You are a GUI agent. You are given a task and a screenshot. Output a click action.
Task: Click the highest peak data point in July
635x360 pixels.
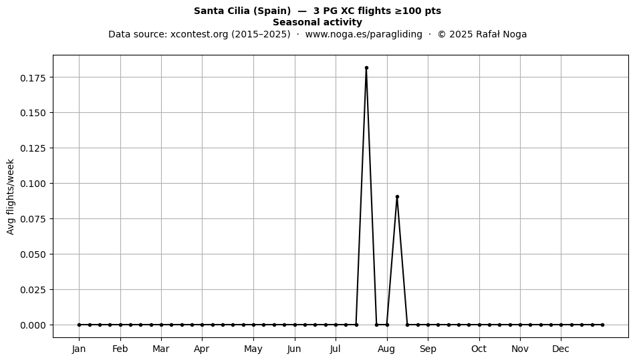click(366, 68)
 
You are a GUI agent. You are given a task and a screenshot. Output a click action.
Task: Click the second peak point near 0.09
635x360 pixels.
click(397, 196)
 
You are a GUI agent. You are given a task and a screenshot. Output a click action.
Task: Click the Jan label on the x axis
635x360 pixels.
click(79, 349)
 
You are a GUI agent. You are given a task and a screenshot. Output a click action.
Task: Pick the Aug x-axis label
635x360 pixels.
click(387, 349)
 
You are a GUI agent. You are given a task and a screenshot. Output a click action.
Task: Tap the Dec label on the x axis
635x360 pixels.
click(561, 349)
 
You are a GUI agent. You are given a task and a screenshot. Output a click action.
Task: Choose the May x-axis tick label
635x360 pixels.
click(253, 349)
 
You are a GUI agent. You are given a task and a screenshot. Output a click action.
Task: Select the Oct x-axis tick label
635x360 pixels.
click(479, 349)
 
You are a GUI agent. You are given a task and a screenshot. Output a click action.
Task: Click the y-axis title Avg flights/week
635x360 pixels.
click(11, 196)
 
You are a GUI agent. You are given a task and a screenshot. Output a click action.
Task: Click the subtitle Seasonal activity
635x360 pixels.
click(317, 22)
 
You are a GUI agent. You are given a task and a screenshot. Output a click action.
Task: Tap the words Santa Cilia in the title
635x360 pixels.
click(221, 11)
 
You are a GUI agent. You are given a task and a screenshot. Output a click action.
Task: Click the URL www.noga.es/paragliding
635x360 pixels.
click(364, 34)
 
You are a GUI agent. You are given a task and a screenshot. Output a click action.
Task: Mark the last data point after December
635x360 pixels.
click(603, 325)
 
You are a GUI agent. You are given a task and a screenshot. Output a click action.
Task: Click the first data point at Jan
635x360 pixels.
click(79, 325)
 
